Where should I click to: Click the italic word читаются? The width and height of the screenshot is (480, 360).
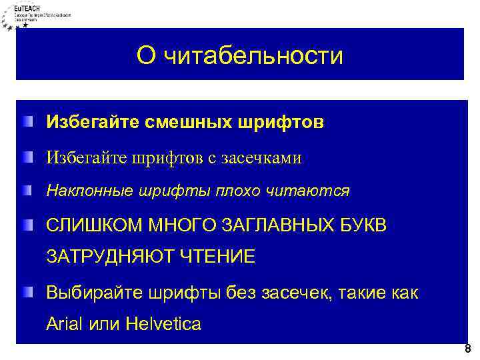(x=315, y=191)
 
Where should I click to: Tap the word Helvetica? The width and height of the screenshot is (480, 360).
(x=163, y=325)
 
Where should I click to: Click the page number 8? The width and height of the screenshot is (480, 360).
(x=467, y=349)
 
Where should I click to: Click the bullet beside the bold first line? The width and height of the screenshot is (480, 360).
(x=25, y=121)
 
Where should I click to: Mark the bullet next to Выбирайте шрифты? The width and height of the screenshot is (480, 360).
(x=25, y=291)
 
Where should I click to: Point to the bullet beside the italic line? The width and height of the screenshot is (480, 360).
(x=25, y=191)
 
